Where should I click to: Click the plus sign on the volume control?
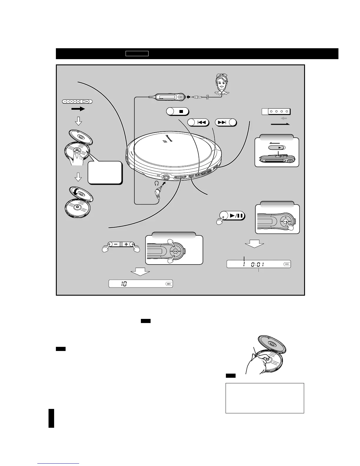tap(126, 244)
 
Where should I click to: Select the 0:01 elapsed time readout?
tap(257, 264)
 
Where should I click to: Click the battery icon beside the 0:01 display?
tap(286, 264)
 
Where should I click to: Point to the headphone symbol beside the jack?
tap(156, 183)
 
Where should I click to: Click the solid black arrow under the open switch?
tap(78, 109)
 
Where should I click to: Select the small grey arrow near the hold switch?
tap(284, 118)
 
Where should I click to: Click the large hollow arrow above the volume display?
tap(140, 273)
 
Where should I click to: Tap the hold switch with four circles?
tap(276, 111)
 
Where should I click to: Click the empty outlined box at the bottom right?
tap(265, 398)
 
